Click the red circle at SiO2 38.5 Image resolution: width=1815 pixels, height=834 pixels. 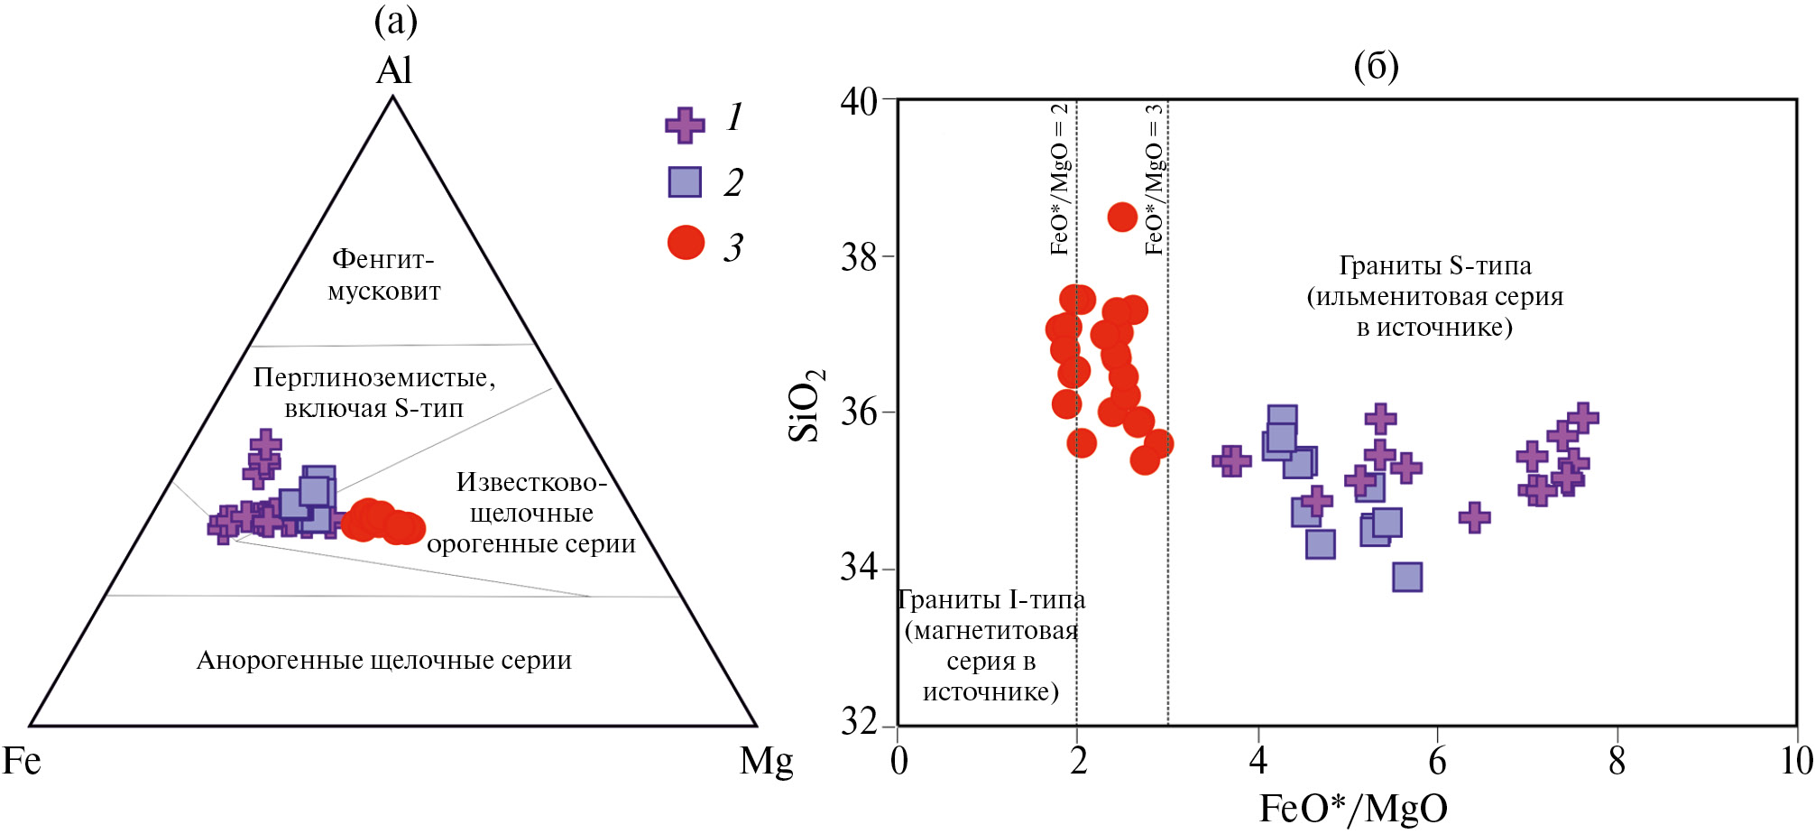pyautogui.click(x=1122, y=217)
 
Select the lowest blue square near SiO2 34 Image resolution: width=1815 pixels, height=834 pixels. pyautogui.click(x=1407, y=576)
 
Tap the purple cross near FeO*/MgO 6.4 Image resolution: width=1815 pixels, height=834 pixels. pyautogui.click(x=1474, y=517)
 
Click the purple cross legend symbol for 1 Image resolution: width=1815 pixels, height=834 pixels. pyautogui.click(x=685, y=125)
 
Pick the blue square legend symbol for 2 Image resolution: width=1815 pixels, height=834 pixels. pyautogui.click(x=685, y=181)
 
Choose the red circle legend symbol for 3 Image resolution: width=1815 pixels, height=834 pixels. pyautogui.click(x=686, y=242)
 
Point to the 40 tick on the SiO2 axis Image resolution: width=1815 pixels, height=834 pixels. pyautogui.click(x=889, y=99)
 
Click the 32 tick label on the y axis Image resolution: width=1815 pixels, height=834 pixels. pyautogui.click(x=859, y=722)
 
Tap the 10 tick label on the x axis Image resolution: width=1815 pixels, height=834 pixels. pyautogui.click(x=1796, y=761)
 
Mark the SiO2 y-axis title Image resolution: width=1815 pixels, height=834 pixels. pyautogui.click(x=805, y=405)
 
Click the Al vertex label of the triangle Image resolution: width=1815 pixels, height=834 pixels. pyautogui.click(x=393, y=70)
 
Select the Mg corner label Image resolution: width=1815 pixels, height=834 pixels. pyautogui.click(x=766, y=761)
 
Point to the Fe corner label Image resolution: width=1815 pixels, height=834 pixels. pyautogui.click(x=22, y=761)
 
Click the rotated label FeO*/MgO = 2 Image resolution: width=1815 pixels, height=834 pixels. pyautogui.click(x=1060, y=179)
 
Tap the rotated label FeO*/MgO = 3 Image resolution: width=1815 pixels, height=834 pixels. pyautogui.click(x=1154, y=179)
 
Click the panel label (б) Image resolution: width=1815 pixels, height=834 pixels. pyautogui.click(x=1376, y=66)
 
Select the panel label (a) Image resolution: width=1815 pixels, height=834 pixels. pyautogui.click(x=395, y=21)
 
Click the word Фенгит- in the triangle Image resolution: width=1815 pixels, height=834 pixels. pyautogui.click(x=383, y=259)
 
